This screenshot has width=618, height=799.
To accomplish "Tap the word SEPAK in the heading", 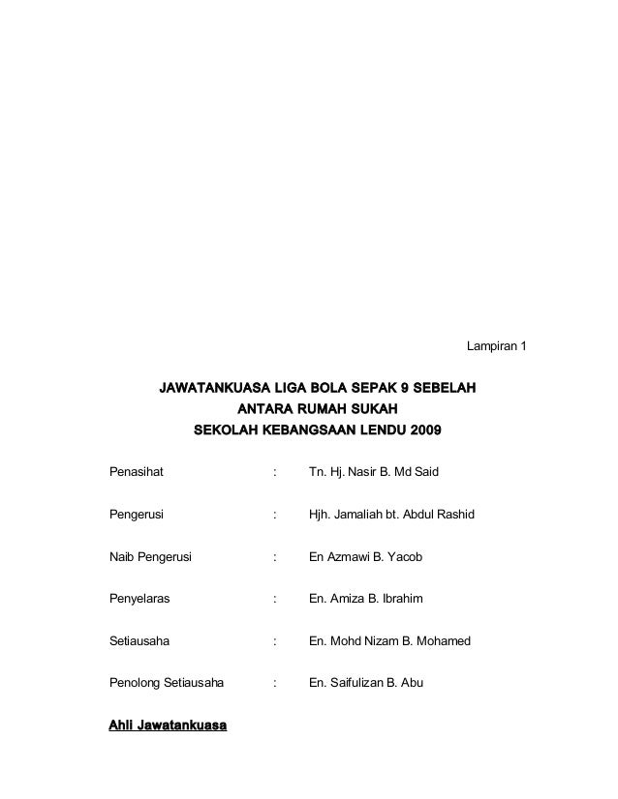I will (356, 388).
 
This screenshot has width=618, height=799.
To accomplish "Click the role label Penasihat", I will (137, 473).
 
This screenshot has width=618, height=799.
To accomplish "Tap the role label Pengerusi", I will (138, 516).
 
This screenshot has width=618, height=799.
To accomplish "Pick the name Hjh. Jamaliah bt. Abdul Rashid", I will (391, 516).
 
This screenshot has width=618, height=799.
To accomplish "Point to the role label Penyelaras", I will (139, 600).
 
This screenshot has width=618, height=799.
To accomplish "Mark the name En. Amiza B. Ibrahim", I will (365, 600).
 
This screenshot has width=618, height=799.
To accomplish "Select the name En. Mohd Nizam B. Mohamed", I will (388, 640).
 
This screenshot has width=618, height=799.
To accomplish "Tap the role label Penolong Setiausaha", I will (167, 683).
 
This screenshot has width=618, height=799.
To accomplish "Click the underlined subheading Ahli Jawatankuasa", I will (169, 725).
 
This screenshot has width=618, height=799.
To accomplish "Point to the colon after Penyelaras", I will (276, 600).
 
